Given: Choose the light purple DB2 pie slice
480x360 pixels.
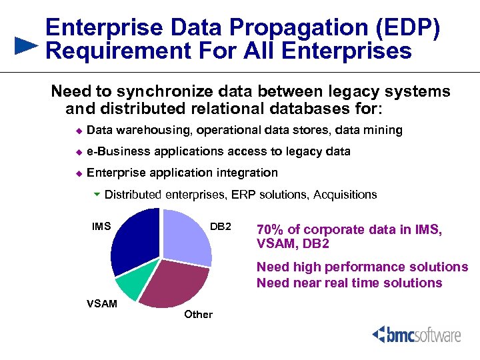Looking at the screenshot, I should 187,237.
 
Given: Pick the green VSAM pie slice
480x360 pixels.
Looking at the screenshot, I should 128,286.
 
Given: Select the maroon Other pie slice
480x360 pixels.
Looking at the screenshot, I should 175,285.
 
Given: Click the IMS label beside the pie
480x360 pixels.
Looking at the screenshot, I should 101,227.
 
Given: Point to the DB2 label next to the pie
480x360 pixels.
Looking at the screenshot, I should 220,227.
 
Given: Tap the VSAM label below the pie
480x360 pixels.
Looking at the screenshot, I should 101,304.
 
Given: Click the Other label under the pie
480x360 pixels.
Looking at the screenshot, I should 198,314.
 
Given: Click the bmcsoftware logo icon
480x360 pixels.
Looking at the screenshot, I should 379,333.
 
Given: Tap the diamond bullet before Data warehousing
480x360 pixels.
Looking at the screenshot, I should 77,131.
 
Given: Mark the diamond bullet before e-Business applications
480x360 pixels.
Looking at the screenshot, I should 77,152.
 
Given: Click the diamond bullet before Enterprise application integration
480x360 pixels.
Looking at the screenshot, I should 77,173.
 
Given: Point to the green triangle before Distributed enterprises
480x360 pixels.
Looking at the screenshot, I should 97,195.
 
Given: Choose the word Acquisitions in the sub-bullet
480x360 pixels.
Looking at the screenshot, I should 345,195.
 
